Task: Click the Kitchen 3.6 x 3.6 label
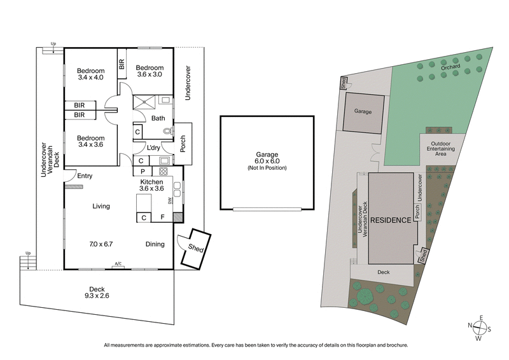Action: click(152, 184)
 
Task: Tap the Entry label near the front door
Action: click(85, 176)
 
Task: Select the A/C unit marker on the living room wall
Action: click(118, 265)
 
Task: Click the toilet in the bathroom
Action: click(167, 132)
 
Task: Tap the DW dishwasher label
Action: click(170, 201)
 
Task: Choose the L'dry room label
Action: click(153, 148)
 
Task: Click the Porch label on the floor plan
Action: click(183, 141)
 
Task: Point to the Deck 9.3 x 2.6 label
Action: click(97, 291)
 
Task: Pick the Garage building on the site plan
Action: click(363, 111)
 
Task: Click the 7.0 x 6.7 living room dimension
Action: click(101, 244)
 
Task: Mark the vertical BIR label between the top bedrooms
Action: click(121, 64)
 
